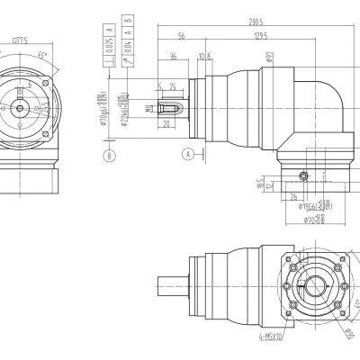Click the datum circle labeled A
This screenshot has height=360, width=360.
point(187,153)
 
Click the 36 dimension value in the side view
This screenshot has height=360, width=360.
point(171,57)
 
